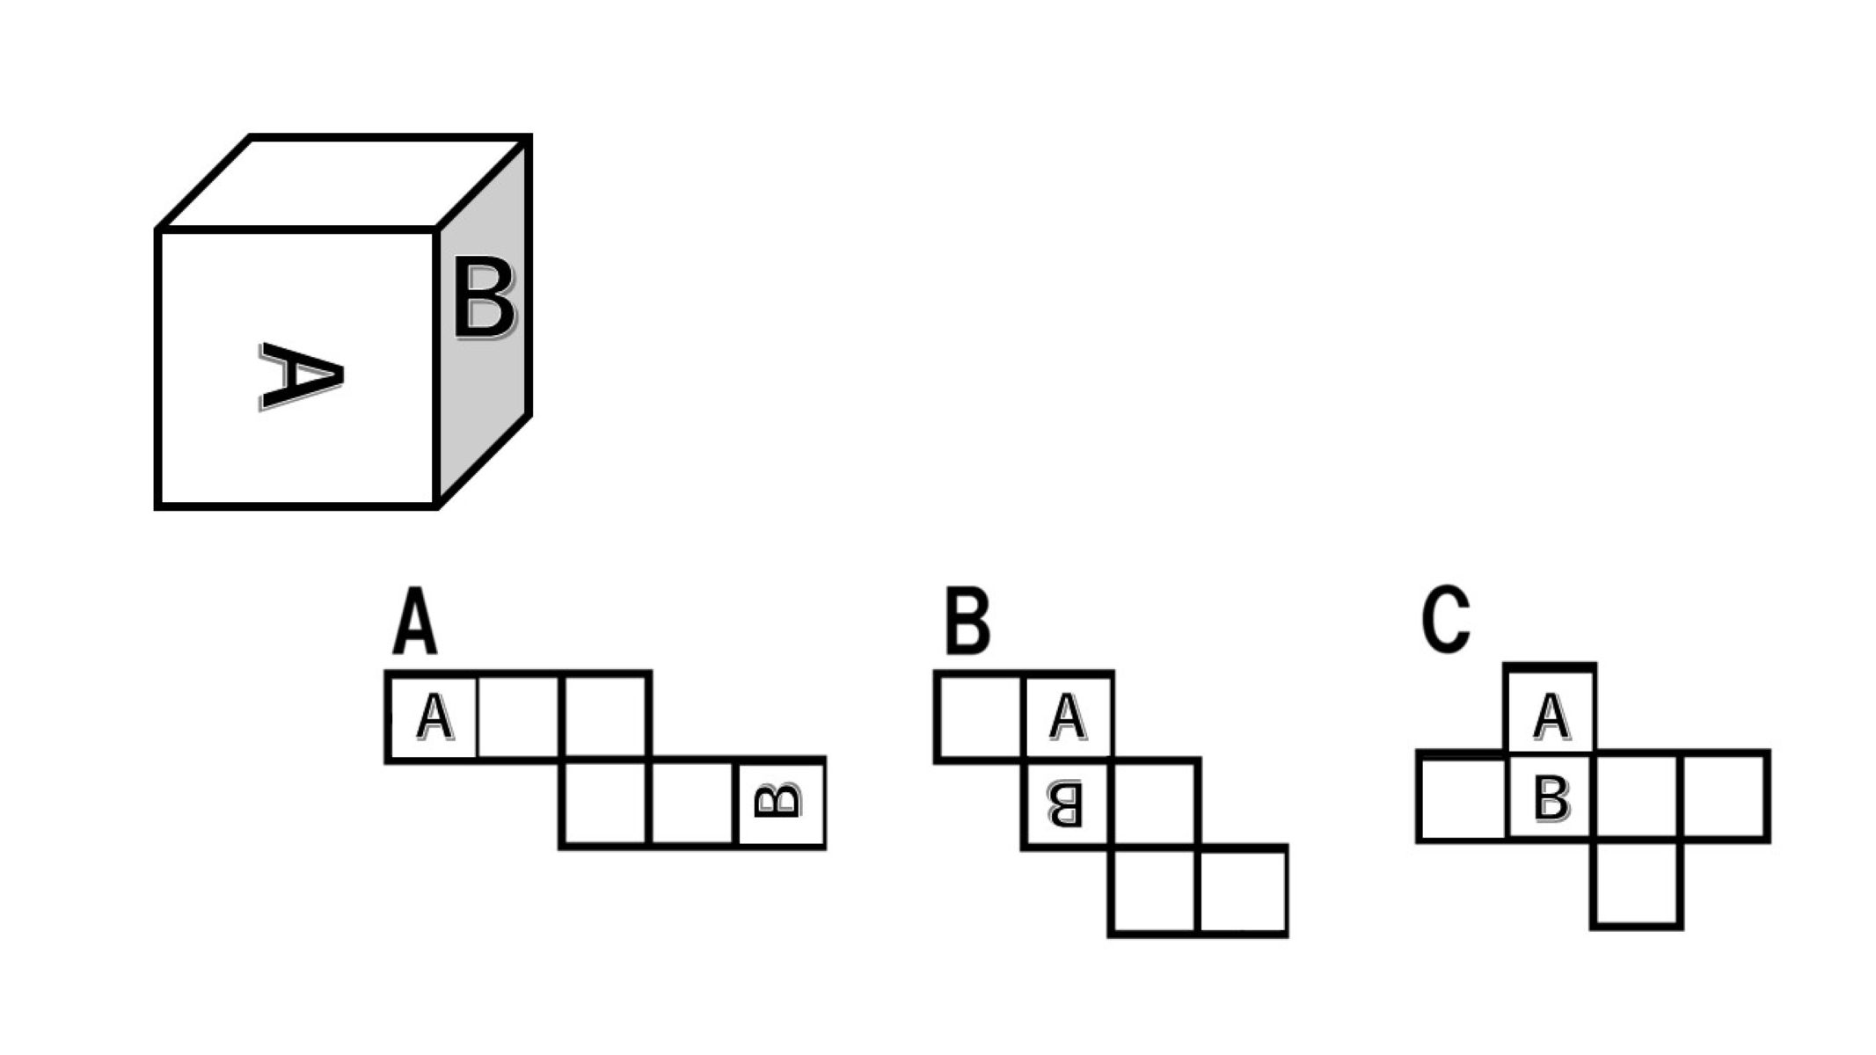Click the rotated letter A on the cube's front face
coord(301,376)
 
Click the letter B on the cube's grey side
coord(484,298)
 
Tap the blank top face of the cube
coord(343,183)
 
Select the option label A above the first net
coord(414,622)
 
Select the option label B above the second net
coord(967,622)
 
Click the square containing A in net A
coord(433,717)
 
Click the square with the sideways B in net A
coord(781,803)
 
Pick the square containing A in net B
coord(1068,716)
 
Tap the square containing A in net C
coord(1550,711)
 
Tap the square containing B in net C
coord(1550,797)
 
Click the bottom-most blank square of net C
coord(1637,884)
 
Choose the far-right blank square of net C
coord(1725,797)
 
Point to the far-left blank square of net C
coord(1462,797)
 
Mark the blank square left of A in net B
coord(981,716)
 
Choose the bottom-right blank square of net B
coord(1242,891)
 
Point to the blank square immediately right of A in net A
coord(519,717)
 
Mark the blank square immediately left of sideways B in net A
coord(692,803)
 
